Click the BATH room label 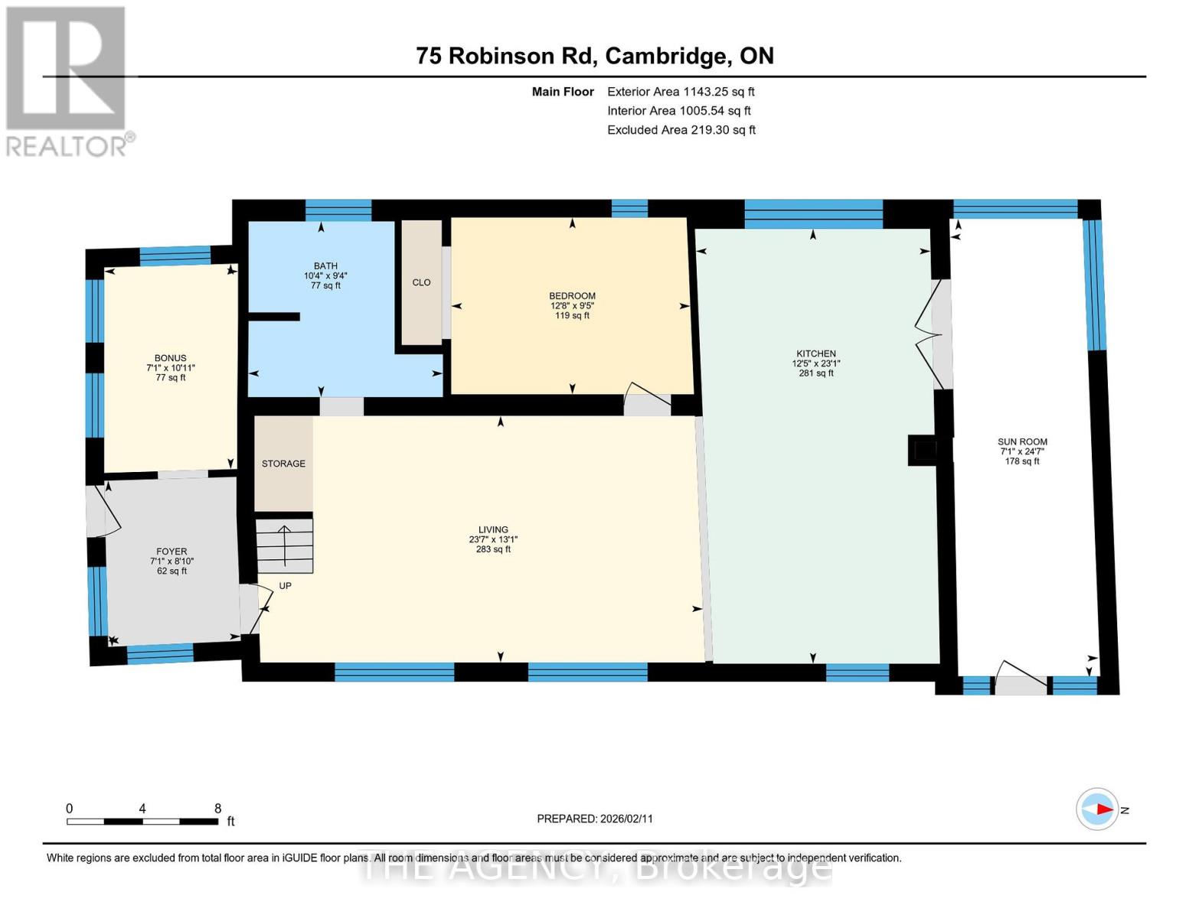point(325,266)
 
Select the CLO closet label point(421,282)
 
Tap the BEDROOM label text point(572,296)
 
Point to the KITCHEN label point(816,354)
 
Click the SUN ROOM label point(1022,442)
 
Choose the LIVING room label point(493,529)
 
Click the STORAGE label point(283,464)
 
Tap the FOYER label point(171,552)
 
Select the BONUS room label point(171,358)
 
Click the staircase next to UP point(284,545)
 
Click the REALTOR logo point(67,80)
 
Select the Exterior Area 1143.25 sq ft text point(681,92)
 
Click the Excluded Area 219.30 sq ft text point(681,130)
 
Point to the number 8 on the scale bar point(217,809)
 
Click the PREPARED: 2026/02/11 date point(595,819)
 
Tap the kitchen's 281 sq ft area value point(816,373)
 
